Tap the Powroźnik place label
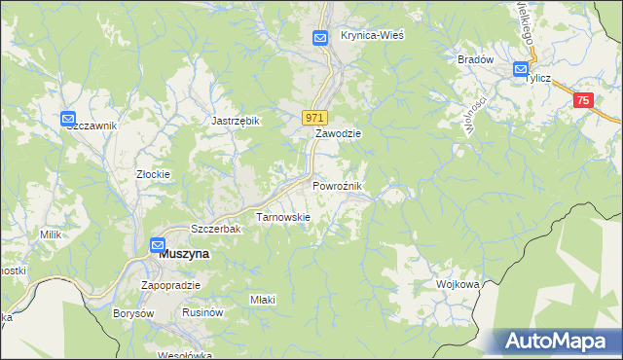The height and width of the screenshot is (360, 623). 338,185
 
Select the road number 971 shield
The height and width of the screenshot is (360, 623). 313,117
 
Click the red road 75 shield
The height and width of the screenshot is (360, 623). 583,100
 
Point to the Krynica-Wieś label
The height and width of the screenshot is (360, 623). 372,34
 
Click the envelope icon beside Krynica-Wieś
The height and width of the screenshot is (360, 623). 321,37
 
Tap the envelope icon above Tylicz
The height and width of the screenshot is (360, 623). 520,70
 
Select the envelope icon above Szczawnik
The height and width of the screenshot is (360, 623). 68,119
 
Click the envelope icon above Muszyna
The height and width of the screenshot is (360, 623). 157,245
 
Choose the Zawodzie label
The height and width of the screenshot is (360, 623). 338,133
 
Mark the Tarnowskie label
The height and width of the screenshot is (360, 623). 282,217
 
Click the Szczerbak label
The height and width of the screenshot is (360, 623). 215,228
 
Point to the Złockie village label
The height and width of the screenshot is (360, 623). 153,175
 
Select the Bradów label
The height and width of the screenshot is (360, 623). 476,58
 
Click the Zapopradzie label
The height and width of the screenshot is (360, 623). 170,285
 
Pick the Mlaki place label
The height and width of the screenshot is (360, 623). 263,300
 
